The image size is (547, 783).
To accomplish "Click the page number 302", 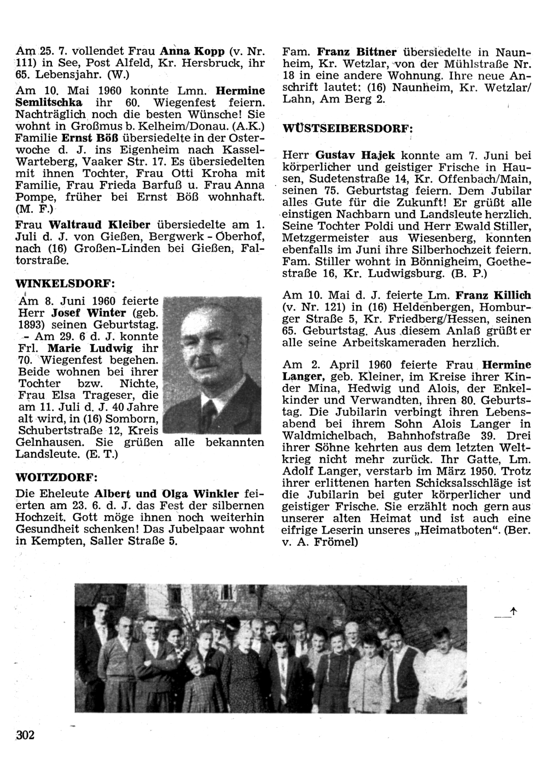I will [x=26, y=735].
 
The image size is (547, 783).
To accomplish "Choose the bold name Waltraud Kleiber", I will [x=101, y=225].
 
